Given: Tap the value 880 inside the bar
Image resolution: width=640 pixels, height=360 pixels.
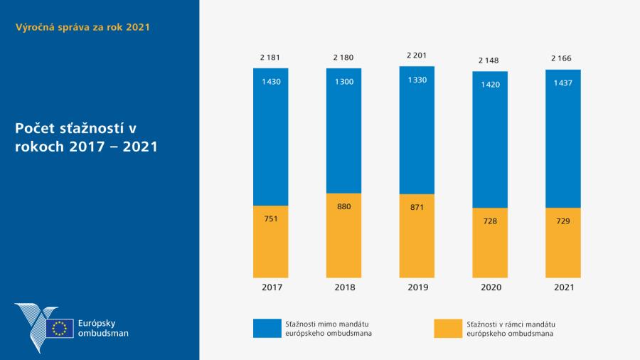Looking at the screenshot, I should tap(344, 206).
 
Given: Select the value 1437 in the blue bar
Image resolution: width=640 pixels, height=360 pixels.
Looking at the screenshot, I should tap(563, 83).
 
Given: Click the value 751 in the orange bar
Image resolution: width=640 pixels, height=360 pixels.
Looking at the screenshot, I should tap(271, 218).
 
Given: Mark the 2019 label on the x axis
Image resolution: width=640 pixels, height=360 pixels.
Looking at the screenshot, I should tap(417, 287).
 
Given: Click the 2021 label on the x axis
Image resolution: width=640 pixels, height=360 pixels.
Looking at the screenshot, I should tap(563, 287).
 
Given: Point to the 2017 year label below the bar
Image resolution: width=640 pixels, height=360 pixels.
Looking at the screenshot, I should tap(271, 287).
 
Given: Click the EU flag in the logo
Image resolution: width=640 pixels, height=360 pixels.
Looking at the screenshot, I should tap(60, 328).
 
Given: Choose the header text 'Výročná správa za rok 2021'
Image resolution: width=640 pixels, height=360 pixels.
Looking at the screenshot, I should tap(82, 27).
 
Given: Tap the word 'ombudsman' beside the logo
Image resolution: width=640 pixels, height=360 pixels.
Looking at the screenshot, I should tap(104, 333).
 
